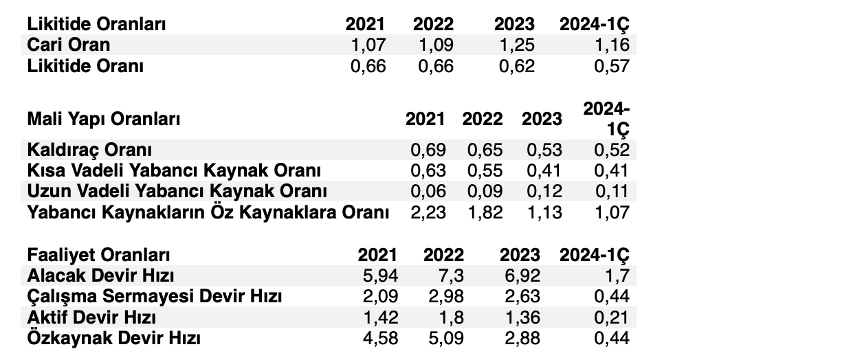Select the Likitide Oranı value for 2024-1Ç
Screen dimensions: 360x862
609,67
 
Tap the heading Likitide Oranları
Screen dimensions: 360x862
97,24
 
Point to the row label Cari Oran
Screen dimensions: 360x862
69,45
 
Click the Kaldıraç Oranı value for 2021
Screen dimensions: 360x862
427,150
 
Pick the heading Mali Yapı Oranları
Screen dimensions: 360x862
104,119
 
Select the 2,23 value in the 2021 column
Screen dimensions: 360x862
427,212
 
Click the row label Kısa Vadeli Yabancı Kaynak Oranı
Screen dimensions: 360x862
174,170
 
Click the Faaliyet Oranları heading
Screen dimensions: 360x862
98,255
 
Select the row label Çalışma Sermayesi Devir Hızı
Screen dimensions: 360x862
155,297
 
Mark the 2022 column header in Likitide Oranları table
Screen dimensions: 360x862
433,24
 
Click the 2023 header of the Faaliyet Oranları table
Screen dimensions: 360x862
520,255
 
